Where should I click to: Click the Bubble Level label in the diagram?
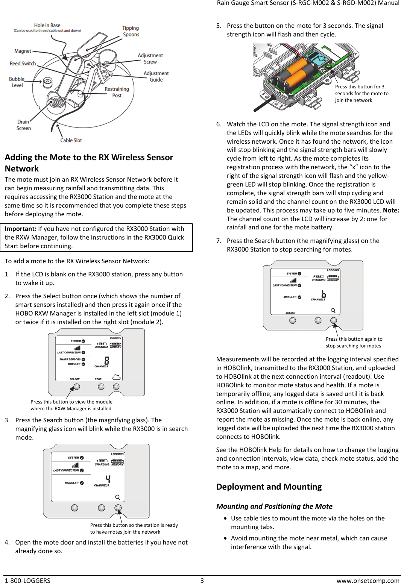(17, 82)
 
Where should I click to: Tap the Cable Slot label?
(71, 140)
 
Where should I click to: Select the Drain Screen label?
(23, 125)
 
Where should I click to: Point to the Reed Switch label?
(23, 64)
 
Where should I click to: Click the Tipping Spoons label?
(131, 31)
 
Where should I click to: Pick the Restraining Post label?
(117, 92)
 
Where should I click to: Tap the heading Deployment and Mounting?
(269, 487)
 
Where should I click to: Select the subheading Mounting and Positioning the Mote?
(274, 506)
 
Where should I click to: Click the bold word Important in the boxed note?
(20, 229)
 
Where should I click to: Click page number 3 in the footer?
(202, 580)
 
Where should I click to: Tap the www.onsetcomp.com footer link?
(368, 580)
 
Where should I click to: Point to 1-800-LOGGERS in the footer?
(27, 580)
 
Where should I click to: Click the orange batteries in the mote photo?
(296, 73)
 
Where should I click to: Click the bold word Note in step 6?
(391, 210)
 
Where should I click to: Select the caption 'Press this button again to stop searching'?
(353, 342)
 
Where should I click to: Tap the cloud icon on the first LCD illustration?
(117, 377)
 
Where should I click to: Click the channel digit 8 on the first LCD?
(107, 360)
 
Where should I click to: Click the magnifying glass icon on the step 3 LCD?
(117, 497)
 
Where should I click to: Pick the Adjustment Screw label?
(150, 59)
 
